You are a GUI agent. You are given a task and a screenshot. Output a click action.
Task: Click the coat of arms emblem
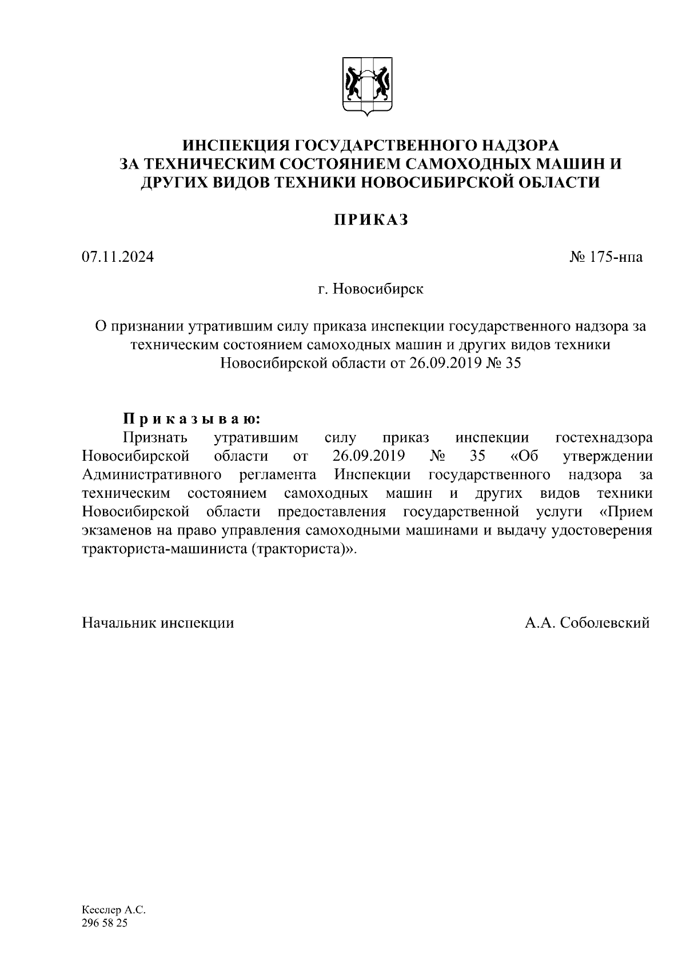click(x=368, y=87)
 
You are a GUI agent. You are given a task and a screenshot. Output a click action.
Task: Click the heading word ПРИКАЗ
click(x=371, y=219)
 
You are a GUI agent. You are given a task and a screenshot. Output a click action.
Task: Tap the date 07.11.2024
click(x=118, y=257)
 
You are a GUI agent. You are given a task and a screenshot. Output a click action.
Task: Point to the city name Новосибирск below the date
click(x=378, y=289)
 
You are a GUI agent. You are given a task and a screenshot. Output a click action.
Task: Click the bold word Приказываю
click(x=192, y=419)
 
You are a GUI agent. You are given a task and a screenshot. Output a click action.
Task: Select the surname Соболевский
click(x=605, y=622)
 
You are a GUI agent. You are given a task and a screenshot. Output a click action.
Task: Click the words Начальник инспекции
click(x=158, y=622)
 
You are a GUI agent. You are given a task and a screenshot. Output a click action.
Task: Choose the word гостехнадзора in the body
click(x=604, y=438)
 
